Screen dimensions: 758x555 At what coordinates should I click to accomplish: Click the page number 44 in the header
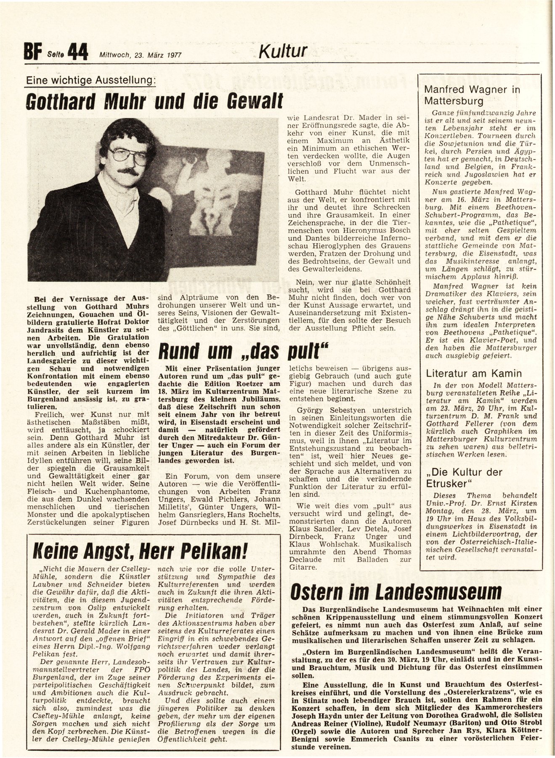point(77,53)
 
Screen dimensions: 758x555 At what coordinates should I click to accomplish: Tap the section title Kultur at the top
point(283,51)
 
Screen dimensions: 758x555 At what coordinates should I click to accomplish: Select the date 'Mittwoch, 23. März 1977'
point(137,55)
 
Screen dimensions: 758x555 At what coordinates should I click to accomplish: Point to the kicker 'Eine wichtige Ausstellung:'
point(90,80)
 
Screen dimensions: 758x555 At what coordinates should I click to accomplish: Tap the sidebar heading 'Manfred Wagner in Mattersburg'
point(472,95)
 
